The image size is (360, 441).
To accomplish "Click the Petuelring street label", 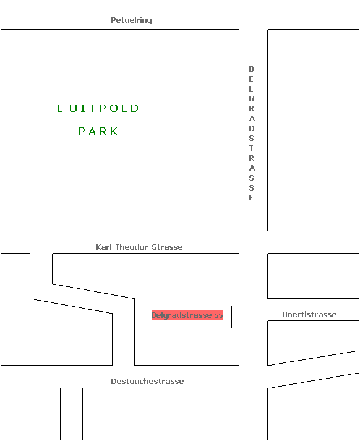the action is [131, 20].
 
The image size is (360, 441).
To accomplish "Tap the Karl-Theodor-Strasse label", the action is [139, 247].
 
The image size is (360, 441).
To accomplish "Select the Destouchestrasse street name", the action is [147, 381].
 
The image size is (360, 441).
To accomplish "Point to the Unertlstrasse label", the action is [309, 314].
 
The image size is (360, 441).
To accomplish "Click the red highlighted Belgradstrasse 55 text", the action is [187, 315].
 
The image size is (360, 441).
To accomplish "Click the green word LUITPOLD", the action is [98, 108].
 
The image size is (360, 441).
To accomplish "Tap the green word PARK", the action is [98, 131].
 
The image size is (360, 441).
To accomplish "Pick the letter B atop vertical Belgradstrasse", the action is [251, 69].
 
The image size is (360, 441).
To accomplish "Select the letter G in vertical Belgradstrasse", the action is [251, 99].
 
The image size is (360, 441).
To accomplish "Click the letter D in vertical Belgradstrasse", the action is [251, 128].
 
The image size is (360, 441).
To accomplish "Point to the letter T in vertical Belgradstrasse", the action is [251, 148].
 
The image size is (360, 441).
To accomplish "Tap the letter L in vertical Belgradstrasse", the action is [251, 89].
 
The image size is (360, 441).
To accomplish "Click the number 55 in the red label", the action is [218, 315].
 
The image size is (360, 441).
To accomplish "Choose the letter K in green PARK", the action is [114, 131].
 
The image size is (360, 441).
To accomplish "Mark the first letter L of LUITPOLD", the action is [59, 108].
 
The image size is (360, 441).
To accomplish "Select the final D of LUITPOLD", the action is [135, 108].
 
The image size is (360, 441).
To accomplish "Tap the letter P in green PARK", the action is [81, 131].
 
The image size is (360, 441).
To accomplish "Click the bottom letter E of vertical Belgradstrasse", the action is [251, 198].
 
